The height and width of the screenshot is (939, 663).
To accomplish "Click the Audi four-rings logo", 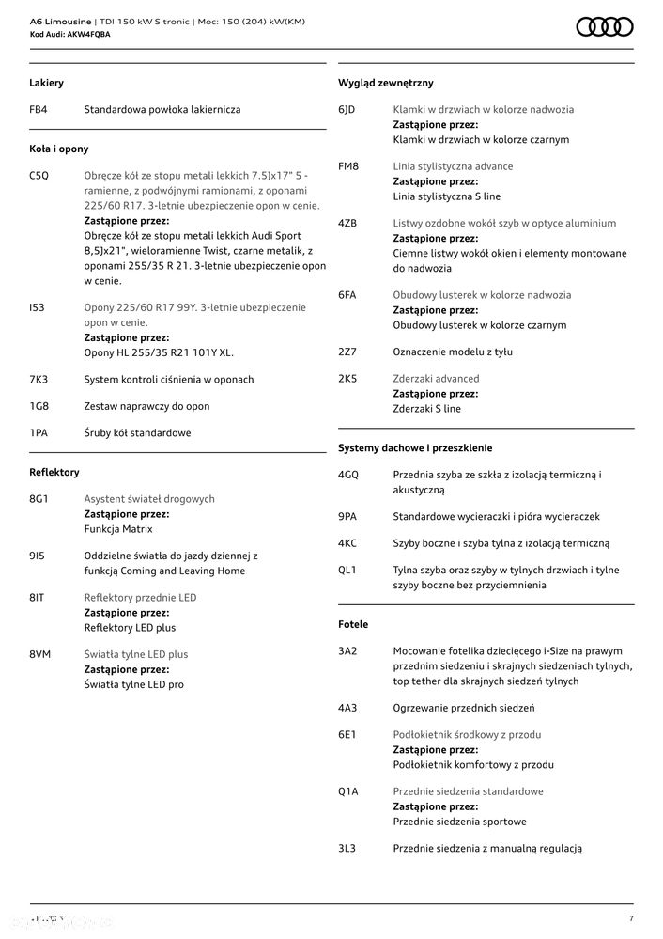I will click(x=605, y=27).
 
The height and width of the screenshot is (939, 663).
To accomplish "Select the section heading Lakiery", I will click(x=47, y=83).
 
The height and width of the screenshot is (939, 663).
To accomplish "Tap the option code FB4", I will click(x=39, y=109).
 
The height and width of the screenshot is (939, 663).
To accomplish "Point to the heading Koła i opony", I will click(x=59, y=149).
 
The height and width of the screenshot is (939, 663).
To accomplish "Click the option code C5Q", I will click(x=39, y=176).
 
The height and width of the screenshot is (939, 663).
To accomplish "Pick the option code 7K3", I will click(x=39, y=380).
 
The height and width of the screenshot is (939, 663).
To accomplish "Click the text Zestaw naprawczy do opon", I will click(x=146, y=406).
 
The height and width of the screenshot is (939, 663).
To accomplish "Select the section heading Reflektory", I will click(x=54, y=472).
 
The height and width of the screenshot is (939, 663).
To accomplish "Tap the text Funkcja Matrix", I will click(x=118, y=529).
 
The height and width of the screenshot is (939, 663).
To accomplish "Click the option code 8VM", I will click(x=40, y=654).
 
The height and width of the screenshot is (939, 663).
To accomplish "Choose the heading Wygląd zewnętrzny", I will click(x=386, y=83).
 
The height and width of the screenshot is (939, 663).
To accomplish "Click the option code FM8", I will click(x=348, y=166).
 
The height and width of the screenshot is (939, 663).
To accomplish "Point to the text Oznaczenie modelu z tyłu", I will click(x=453, y=352).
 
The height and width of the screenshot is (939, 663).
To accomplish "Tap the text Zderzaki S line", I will click(x=427, y=409).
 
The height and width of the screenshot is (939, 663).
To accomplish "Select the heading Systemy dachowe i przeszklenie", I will click(x=415, y=447).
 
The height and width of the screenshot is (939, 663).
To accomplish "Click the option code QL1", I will click(x=347, y=570).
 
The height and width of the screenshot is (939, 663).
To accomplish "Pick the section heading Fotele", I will click(x=353, y=624).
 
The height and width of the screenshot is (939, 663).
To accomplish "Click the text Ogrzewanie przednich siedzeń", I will click(x=464, y=708).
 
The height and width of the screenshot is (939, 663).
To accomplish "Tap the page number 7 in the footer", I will click(x=631, y=917).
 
